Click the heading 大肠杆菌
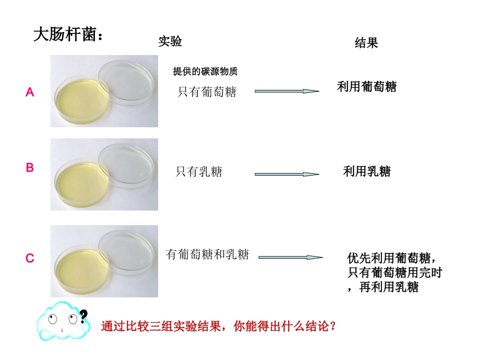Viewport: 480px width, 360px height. coord(67,35)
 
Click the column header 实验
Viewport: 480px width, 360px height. coord(170,41)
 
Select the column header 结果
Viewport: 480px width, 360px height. coord(366,43)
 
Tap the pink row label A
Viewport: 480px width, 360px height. coord(30,92)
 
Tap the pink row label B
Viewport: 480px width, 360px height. coord(30,168)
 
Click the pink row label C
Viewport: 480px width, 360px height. coord(30,259)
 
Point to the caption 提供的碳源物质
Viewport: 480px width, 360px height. coord(205,72)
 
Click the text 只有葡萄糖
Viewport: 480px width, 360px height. coord(207,92)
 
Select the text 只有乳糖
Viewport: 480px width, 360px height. coord(199,172)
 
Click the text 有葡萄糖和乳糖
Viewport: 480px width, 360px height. coord(207,254)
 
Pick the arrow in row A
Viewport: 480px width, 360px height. coord(286,91)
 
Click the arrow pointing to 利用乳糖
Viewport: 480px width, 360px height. coord(286,174)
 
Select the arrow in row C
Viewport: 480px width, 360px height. coord(291,257)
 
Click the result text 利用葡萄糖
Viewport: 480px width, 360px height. coord(367,87)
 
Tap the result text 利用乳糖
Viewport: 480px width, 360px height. coord(367,172)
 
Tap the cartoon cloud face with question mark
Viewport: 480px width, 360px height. coord(61,321)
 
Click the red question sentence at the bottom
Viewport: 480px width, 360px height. coord(218,326)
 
